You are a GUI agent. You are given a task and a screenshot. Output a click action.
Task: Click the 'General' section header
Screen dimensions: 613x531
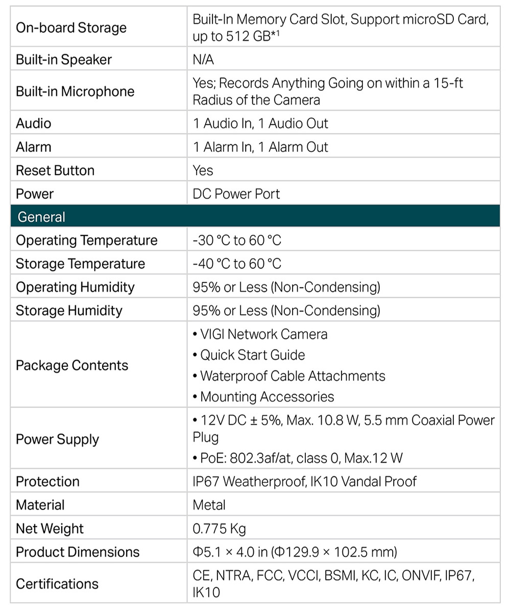click(x=41, y=217)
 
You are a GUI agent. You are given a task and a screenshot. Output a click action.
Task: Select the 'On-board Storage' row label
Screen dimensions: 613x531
click(x=71, y=28)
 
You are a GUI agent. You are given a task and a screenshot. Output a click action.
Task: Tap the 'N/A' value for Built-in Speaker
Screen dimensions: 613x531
click(x=203, y=60)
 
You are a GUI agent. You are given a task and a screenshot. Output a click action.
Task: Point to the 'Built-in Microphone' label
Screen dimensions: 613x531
click(x=75, y=91)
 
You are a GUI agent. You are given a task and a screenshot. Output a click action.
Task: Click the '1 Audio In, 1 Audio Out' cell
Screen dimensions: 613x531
click(x=260, y=124)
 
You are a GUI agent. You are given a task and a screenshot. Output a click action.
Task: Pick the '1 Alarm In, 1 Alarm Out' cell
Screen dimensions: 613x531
click(x=260, y=147)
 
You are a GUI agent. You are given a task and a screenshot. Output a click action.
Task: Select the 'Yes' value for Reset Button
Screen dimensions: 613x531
click(x=203, y=171)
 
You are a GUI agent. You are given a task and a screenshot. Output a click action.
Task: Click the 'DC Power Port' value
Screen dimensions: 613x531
click(x=236, y=194)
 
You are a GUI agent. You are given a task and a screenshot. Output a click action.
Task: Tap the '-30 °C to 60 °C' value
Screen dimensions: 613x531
click(x=237, y=241)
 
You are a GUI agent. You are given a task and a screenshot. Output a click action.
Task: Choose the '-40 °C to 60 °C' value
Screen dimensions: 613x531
click(x=237, y=264)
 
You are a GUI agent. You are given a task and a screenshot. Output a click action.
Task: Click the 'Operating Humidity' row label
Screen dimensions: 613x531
click(x=75, y=288)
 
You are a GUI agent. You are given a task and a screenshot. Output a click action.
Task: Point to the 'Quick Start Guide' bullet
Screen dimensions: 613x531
click(x=252, y=355)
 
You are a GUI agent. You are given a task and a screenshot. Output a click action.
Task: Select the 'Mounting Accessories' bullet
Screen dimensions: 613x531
click(x=267, y=397)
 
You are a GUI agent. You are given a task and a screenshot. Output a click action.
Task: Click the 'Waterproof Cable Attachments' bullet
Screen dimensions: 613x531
click(x=292, y=376)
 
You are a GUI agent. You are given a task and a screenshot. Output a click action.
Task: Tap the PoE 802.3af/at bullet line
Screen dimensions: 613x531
click(x=301, y=458)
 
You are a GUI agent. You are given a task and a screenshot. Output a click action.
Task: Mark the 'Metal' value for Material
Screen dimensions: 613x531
click(x=209, y=505)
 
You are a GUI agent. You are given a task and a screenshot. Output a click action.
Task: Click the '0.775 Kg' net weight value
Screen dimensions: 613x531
click(x=219, y=529)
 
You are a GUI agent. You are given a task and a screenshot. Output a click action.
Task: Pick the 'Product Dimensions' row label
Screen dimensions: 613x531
click(x=78, y=552)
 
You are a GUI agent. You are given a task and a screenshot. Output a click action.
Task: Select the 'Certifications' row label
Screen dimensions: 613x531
click(x=57, y=584)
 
